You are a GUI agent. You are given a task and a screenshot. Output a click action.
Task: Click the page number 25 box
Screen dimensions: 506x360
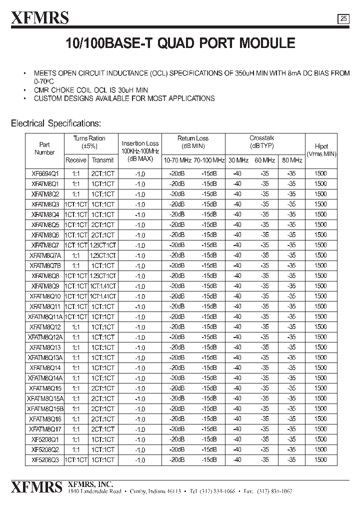click(x=343, y=19)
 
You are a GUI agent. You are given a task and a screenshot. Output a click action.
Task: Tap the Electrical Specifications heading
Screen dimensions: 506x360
click(x=56, y=123)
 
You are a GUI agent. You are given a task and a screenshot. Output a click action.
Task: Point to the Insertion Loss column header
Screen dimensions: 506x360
click(x=140, y=143)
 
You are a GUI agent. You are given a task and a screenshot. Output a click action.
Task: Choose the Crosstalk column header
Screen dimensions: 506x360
click(x=261, y=138)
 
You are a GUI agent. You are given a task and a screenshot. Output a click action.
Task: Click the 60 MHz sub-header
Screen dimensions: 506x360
click(x=265, y=160)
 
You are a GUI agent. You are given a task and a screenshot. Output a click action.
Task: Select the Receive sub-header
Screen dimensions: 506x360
click(x=75, y=160)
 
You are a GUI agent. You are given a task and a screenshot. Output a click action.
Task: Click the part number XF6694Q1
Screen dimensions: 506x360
click(x=45, y=173)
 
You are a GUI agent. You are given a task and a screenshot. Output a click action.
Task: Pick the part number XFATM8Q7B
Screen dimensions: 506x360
click(x=45, y=265)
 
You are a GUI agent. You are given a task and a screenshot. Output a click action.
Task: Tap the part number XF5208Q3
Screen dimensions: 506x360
click(x=45, y=459)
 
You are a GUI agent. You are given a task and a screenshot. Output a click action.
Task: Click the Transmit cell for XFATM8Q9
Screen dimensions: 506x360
click(x=102, y=286)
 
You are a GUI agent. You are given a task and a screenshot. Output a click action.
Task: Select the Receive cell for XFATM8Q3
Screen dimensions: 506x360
click(x=75, y=204)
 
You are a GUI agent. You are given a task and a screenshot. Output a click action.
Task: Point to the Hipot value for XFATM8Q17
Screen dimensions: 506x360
click(x=320, y=428)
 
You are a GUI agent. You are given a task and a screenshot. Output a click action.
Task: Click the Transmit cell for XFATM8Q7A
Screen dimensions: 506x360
click(x=102, y=255)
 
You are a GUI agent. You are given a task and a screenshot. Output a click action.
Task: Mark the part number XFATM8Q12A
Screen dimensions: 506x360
click(x=45, y=337)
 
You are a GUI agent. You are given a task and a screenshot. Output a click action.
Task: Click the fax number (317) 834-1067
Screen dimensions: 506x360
click(x=313, y=492)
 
